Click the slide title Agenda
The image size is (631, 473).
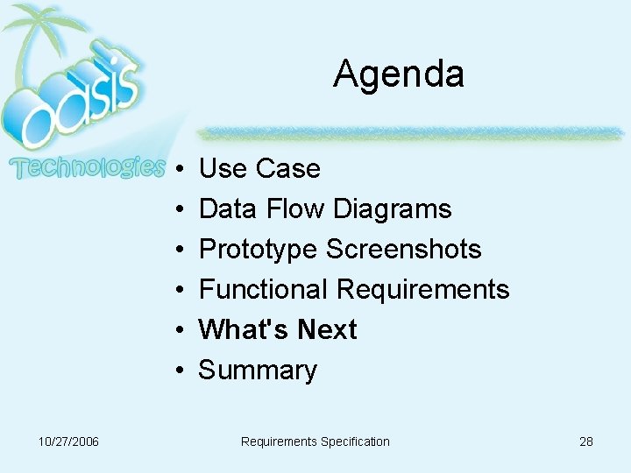pos(398,74)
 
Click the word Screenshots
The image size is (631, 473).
pos(403,249)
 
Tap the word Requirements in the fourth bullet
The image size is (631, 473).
pos(422,289)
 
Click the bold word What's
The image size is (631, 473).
pos(244,329)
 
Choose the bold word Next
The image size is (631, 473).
pos(327,329)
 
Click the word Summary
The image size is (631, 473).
pos(258,371)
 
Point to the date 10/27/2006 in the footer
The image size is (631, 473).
pos(68,441)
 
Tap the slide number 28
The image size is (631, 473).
pos(585,441)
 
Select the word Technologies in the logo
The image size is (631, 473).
pos(87,167)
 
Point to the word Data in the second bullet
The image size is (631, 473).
pos(223,208)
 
